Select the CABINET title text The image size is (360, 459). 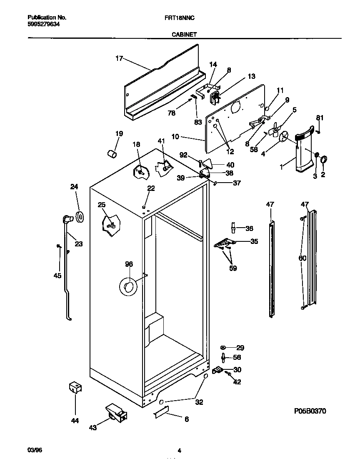point(184,35)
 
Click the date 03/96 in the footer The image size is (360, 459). point(35,450)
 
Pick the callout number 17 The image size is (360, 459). point(119,58)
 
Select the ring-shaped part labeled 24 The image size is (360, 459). point(80,217)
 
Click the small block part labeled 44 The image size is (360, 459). point(75,387)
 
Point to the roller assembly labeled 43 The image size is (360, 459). point(116,412)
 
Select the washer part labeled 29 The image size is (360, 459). point(223,347)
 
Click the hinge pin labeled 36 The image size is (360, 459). point(233,228)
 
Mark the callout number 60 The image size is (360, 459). point(302,258)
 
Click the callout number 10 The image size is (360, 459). point(175,137)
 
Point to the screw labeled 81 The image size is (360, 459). point(318,132)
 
